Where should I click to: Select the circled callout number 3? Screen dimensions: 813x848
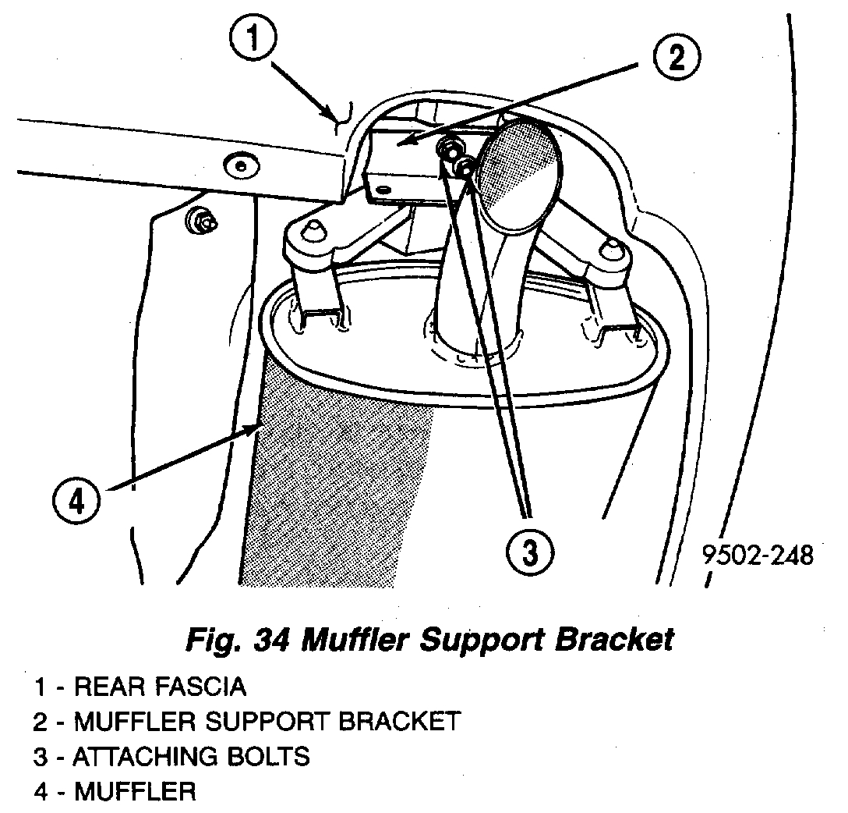(529, 552)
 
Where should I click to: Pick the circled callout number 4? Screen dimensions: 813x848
(76, 501)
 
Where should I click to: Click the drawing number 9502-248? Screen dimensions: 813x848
(758, 556)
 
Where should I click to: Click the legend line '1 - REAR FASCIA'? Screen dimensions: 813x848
(140, 687)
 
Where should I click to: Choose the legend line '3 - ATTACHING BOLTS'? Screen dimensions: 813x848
(171, 756)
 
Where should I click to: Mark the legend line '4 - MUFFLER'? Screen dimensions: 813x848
(115, 792)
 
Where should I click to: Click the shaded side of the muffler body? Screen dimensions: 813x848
(335, 484)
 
